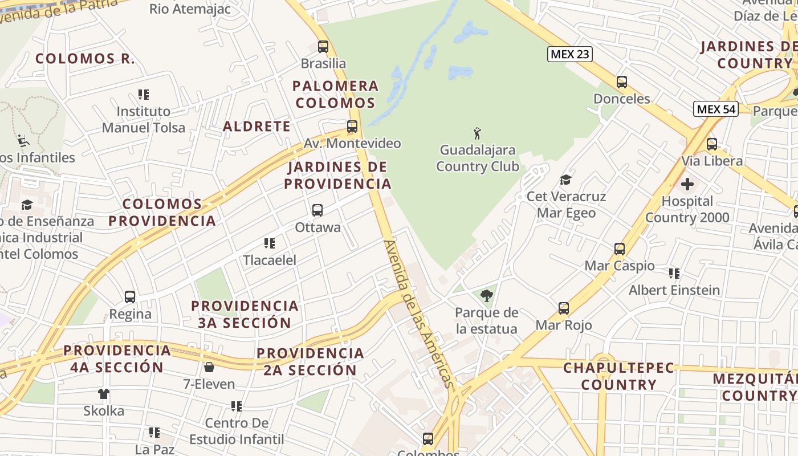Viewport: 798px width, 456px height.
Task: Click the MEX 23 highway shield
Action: coord(570,54)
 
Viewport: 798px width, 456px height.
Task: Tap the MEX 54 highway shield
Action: coord(716,109)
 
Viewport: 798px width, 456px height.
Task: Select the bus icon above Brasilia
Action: coord(323,46)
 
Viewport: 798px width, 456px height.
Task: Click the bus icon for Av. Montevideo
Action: coord(352,127)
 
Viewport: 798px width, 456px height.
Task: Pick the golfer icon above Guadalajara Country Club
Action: coord(477,133)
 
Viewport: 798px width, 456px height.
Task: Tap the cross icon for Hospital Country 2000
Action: coord(687,184)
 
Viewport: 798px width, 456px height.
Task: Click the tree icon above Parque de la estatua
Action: coord(486,295)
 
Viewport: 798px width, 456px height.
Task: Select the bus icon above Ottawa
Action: coord(317,210)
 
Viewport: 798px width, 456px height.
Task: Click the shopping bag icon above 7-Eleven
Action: coord(209,367)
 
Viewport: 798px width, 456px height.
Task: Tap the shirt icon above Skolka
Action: coord(104,393)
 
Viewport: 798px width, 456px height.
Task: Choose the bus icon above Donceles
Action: coord(621,82)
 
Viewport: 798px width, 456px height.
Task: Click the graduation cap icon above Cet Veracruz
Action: coord(565,180)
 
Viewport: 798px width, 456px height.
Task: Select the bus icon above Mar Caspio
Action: coord(620,249)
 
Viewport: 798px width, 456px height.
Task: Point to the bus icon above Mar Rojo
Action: coord(564,308)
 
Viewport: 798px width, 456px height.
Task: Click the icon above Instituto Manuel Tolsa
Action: coord(144,94)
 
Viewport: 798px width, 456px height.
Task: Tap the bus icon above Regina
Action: coord(130,297)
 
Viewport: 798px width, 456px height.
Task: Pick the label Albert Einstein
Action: coord(674,290)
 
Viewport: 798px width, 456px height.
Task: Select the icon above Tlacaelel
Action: coord(270,243)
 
